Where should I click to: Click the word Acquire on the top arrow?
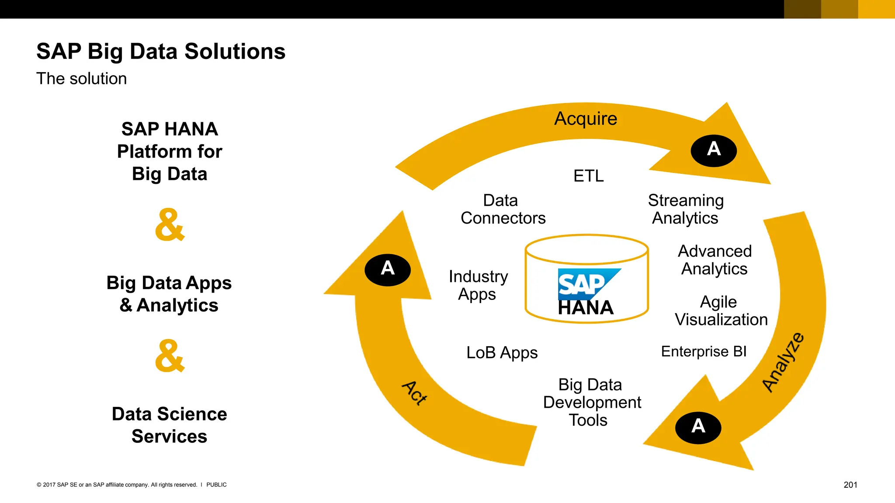586,119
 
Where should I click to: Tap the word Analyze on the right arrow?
783,362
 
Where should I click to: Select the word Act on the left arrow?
414,393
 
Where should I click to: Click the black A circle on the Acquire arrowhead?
714,150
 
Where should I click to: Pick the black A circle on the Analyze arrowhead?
698,427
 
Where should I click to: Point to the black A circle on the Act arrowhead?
388,269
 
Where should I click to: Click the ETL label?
588,176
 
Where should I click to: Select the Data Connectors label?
503,209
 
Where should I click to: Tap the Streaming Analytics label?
685,209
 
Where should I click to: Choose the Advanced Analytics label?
715,260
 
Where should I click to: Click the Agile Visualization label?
721,310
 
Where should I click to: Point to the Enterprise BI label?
704,351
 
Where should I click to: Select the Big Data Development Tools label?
592,402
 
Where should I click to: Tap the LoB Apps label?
502,352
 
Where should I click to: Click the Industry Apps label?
478,285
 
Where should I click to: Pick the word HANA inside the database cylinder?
586,308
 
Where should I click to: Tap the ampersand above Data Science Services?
170,355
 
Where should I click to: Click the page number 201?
850,485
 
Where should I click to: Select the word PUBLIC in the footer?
216,485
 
